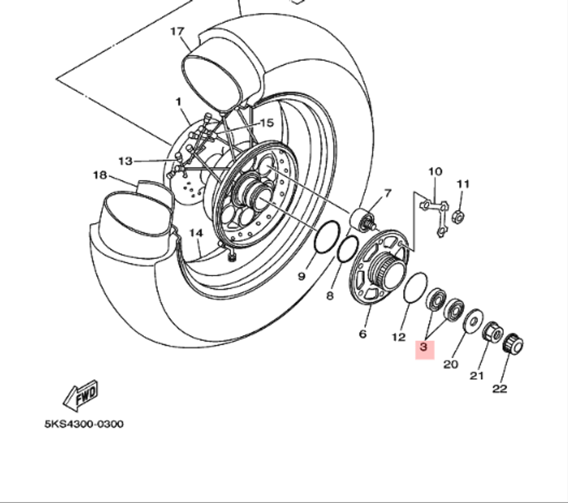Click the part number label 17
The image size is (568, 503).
(178, 31)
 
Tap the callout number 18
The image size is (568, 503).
(99, 175)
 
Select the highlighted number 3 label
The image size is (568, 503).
(424, 346)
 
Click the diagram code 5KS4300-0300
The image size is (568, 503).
(83, 424)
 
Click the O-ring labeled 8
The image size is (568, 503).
(348, 250)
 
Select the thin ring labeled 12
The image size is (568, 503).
(415, 287)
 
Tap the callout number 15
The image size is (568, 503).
(266, 123)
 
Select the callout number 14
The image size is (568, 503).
(196, 233)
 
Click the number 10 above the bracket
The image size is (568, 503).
(435, 171)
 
